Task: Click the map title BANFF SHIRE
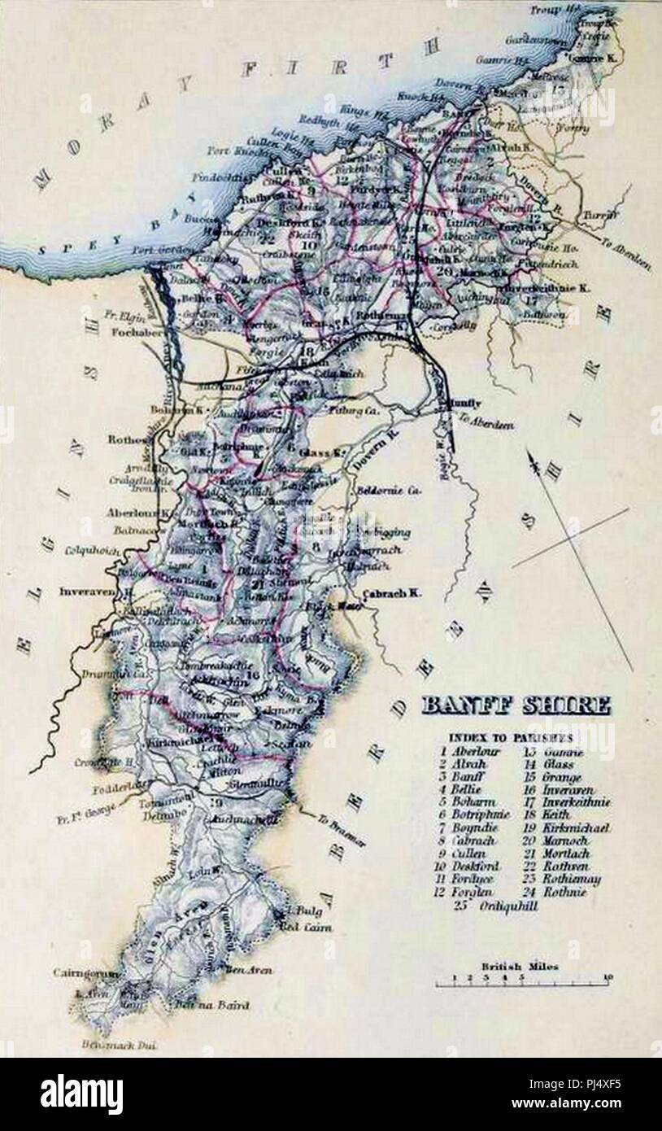click(515, 705)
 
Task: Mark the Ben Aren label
click(249, 970)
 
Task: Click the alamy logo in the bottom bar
click(81, 1094)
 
